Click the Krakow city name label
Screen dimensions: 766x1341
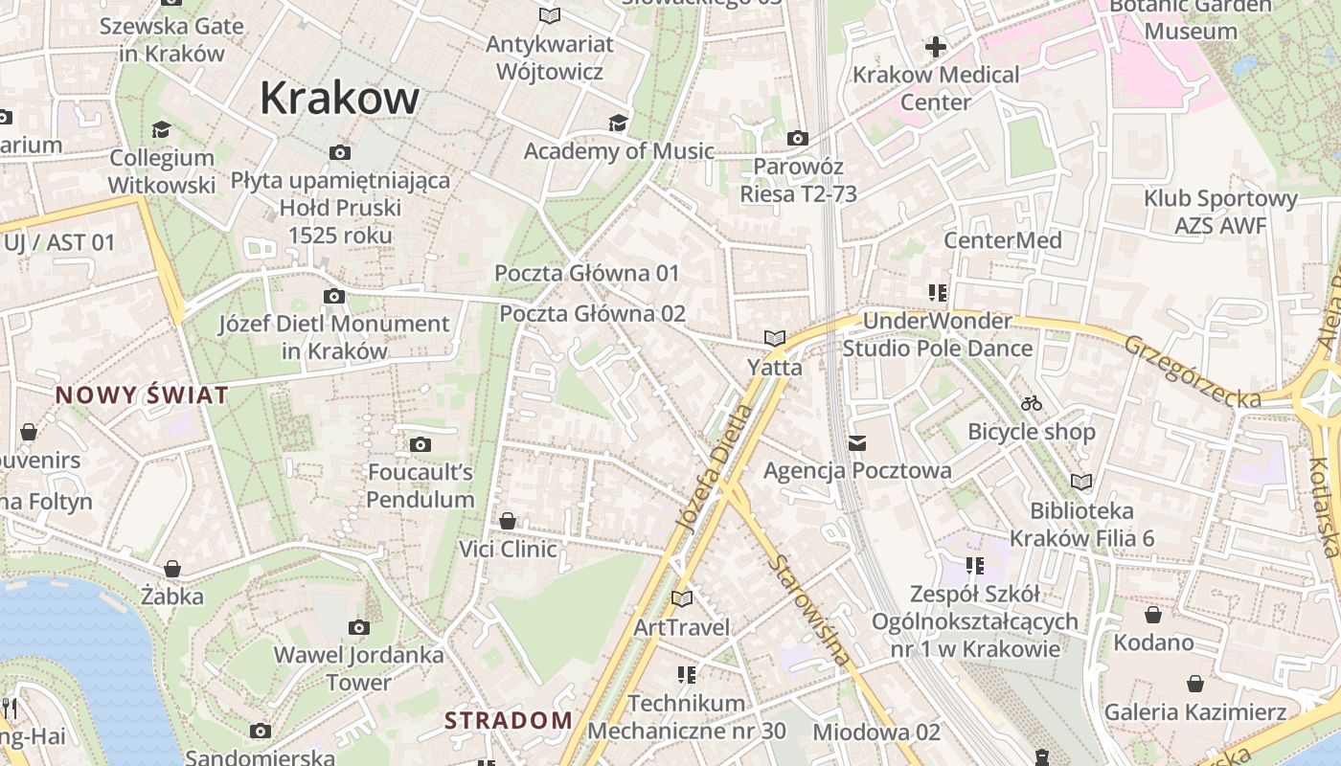click(339, 98)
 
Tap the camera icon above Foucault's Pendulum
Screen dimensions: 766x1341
click(420, 444)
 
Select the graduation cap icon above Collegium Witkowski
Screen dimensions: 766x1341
click(161, 129)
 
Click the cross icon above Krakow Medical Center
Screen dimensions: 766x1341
click(935, 46)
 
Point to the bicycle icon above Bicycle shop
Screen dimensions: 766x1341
click(1031, 404)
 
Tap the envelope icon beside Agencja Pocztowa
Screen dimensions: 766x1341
click(857, 443)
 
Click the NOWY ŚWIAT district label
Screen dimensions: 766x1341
click(142, 394)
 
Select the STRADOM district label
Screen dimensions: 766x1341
click(509, 720)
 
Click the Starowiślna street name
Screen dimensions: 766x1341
click(808, 610)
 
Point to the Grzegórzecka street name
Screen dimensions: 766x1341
click(1192, 372)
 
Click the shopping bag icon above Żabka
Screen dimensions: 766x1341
click(172, 570)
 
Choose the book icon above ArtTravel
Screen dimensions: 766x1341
click(682, 599)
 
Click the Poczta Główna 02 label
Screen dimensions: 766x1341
click(593, 314)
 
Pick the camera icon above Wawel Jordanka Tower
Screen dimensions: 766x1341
click(359, 628)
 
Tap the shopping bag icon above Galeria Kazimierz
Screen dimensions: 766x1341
click(1194, 684)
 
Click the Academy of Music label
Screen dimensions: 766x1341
click(619, 150)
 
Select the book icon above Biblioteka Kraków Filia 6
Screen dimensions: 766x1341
click(1081, 483)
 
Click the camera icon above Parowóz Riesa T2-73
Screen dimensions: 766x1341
click(797, 139)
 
